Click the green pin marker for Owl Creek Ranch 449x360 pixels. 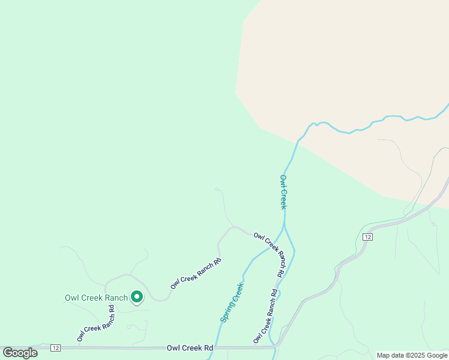click(137, 296)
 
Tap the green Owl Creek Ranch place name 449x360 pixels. click(96, 298)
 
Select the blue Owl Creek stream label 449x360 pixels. click(283, 192)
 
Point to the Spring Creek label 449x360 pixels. click(232, 302)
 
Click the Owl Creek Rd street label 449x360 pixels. click(190, 347)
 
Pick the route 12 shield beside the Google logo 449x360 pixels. click(55, 348)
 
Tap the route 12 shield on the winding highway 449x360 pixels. click(367, 238)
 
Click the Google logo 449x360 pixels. click(20, 353)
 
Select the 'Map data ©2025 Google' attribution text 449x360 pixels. click(411, 355)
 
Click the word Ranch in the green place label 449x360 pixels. click(116, 298)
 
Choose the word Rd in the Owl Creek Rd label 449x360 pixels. click(208, 347)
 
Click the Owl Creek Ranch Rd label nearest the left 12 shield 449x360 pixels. click(95, 324)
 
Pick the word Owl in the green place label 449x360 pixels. click(71, 298)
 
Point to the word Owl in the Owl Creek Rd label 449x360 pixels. click(173, 347)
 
